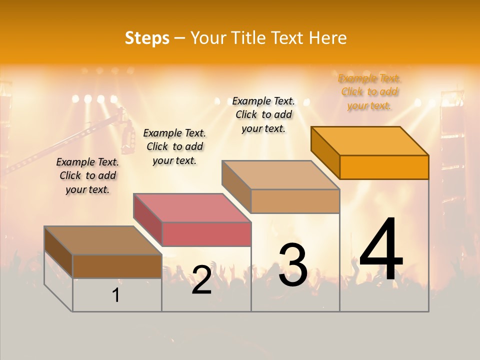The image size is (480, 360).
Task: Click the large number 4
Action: click(381, 250)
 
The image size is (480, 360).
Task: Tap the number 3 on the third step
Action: click(292, 265)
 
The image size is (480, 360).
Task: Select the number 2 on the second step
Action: click(201, 280)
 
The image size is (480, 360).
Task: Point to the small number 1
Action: click(116, 295)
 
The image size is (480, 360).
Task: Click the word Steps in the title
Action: click(147, 38)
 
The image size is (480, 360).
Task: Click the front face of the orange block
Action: click(384, 167)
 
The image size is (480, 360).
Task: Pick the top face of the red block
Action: click(192, 207)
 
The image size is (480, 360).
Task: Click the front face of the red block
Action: click(206, 234)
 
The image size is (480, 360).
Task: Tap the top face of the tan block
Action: click(280, 174)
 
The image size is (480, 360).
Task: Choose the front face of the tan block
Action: click(295, 201)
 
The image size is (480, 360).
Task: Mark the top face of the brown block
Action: click(103, 240)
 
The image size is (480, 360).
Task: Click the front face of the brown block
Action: click(117, 266)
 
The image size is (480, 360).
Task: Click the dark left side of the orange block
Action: click(325, 152)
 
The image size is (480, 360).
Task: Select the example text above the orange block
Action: click(369, 92)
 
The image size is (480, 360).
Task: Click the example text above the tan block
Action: click(263, 114)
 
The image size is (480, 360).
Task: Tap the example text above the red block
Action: click(174, 146)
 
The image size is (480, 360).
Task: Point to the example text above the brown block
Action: click(87, 175)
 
